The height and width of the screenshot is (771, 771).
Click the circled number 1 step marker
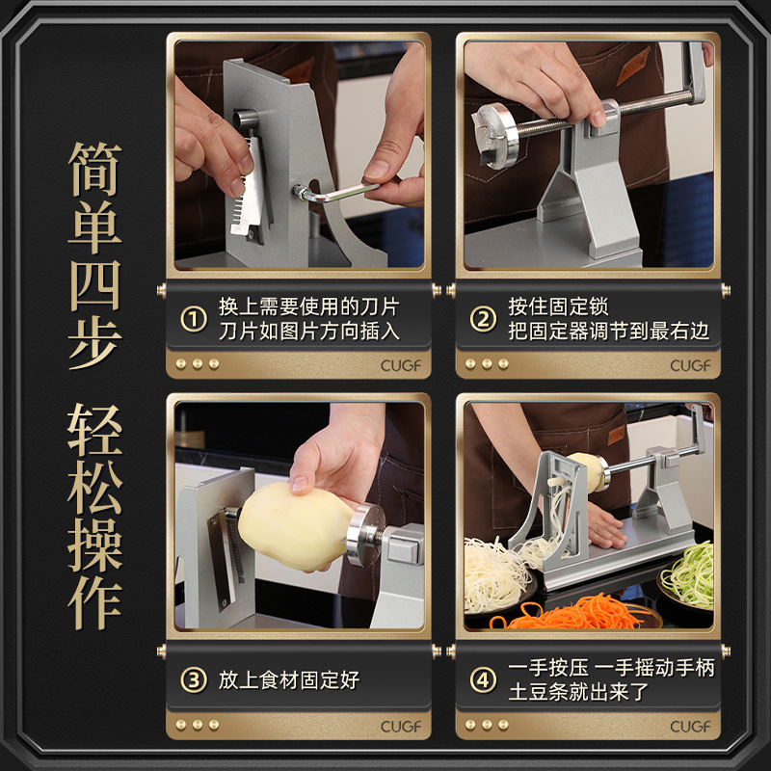[x=194, y=319]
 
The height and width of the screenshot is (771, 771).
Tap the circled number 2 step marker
[x=483, y=319]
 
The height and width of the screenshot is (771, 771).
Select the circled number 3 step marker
[x=194, y=680]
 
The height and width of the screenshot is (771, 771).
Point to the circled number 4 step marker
[x=483, y=680]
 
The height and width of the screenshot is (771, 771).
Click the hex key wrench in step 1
[x=334, y=192]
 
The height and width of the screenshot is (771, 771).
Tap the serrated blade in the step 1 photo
[x=251, y=191]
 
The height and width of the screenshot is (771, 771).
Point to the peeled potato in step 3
[x=294, y=526]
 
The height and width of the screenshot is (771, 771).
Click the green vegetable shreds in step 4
[x=689, y=573]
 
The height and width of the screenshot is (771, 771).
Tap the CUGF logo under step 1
[x=401, y=365]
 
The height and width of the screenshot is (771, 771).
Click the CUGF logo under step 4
[x=690, y=727]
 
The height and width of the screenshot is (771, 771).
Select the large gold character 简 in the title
[x=94, y=170]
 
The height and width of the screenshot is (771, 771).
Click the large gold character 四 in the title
[x=94, y=285]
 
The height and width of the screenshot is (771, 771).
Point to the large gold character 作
[x=94, y=603]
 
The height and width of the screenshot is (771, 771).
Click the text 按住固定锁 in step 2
[x=558, y=306]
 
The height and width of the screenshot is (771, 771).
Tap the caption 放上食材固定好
[x=289, y=680]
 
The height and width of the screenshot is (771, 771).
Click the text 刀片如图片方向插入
[x=309, y=331]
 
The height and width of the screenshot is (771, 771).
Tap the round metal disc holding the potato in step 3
[x=365, y=535]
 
